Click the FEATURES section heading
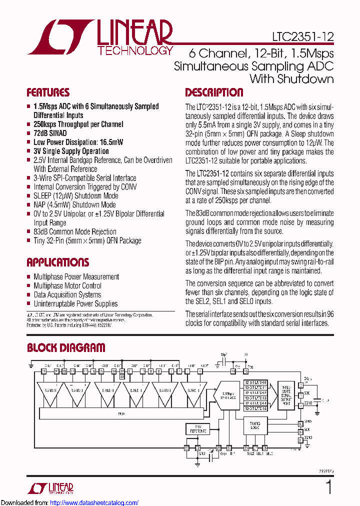pos(48,92)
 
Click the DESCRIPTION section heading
pos(214,92)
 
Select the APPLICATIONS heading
pos(57,262)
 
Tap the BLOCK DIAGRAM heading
pos(66,348)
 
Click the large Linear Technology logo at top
pos(100,36)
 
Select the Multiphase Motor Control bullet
pos(67,286)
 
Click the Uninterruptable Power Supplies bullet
pos(75,304)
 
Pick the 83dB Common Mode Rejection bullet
pos(74,232)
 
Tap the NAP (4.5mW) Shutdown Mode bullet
pos(74,205)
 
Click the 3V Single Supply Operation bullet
pos(71,151)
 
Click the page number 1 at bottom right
pos(328,487)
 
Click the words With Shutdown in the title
pos(291,79)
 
